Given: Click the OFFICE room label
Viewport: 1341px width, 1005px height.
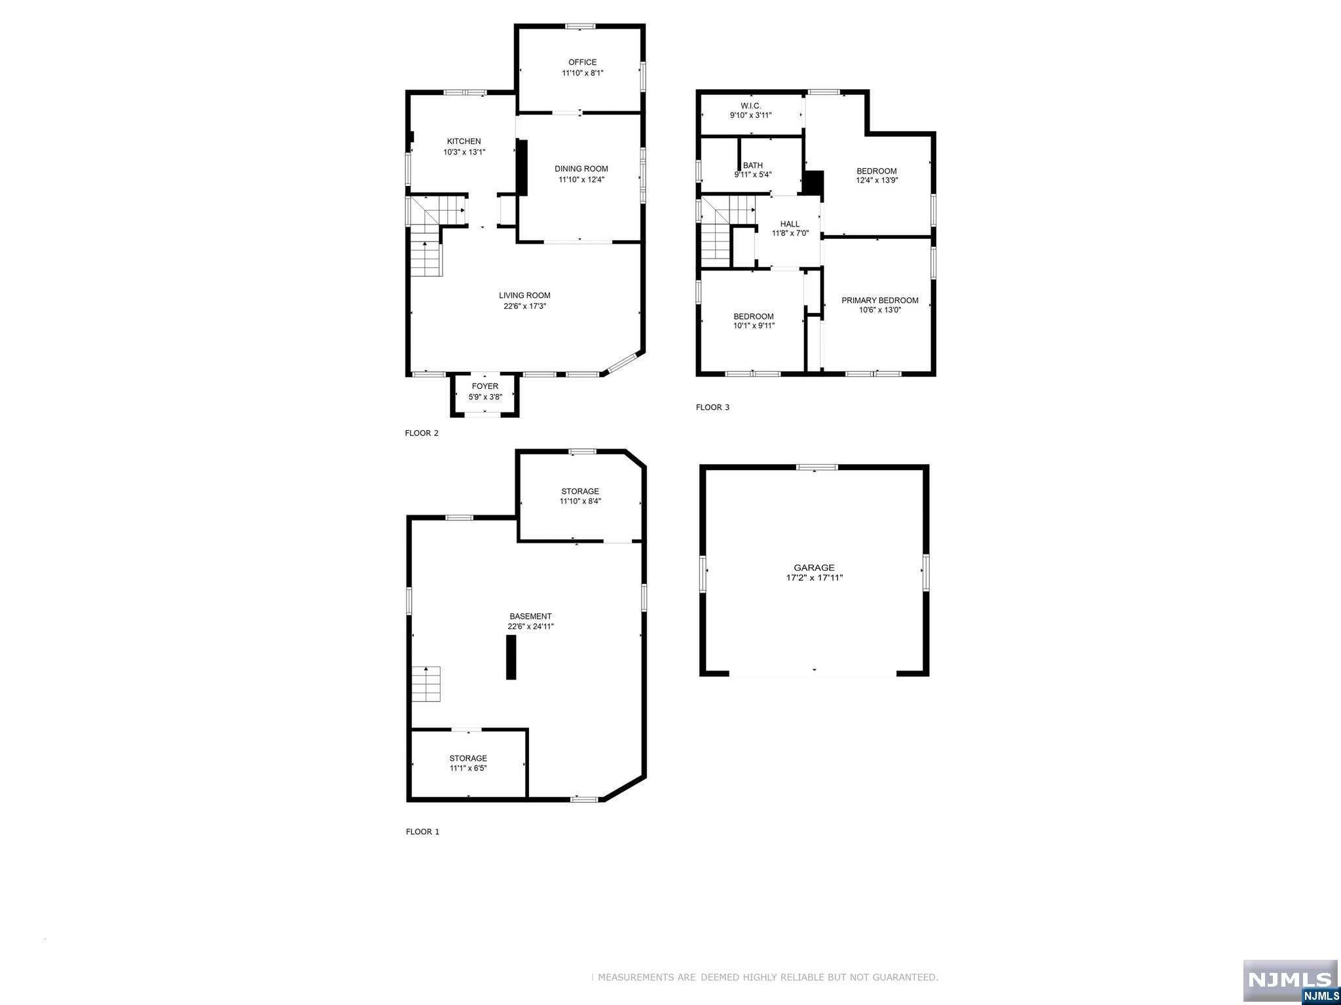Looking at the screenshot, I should point(582,62).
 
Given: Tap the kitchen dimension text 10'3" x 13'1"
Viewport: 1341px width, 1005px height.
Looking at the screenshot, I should point(464,152).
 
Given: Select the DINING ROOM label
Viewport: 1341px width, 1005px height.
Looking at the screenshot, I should point(581,168).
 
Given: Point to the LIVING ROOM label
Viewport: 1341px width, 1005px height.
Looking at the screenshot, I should point(524,295).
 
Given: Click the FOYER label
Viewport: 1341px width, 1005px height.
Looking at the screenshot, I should point(485,386).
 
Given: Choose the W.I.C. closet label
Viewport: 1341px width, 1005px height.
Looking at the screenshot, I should point(750,105).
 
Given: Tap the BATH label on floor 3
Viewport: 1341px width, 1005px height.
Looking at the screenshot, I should point(752,166).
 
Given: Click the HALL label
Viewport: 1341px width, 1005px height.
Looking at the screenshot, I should point(790,224).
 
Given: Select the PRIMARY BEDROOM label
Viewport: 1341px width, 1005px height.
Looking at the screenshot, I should point(879,301).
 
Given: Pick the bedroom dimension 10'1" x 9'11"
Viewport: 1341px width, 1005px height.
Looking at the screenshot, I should point(753,325).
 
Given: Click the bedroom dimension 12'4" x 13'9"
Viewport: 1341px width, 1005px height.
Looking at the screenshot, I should point(877,180).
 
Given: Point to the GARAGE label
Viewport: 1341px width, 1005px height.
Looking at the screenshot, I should point(814,568).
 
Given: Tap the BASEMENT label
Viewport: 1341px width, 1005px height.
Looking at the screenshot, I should point(530,616).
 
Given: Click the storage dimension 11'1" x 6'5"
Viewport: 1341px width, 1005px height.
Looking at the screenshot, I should point(468,768).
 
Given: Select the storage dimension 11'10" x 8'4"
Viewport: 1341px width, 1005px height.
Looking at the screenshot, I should point(579,501).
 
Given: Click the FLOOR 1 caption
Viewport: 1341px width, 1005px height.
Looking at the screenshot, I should point(422,831).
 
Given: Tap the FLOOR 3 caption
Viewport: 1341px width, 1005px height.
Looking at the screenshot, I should point(712,407).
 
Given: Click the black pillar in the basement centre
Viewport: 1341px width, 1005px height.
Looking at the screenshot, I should point(511,658).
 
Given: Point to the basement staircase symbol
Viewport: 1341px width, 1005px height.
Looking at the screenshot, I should point(426,684).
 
